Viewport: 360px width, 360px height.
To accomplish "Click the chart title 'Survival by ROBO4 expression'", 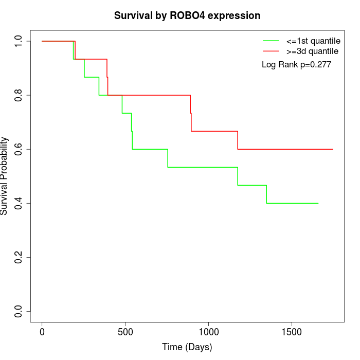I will point(187,15).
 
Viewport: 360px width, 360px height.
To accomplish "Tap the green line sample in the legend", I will point(271,41).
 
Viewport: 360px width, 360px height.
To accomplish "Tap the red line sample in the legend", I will point(271,51).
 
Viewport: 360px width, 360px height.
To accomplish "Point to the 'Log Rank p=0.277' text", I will point(296,65).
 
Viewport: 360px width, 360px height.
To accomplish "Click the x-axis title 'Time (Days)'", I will point(187,347).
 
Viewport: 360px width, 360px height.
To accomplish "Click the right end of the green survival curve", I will point(318,203).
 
